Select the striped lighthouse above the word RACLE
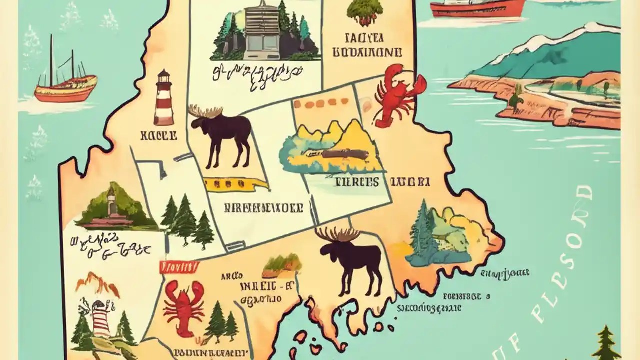pyautogui.click(x=163, y=100)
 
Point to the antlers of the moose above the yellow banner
pyautogui.click(x=205, y=111)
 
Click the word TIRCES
pyautogui.click(x=357, y=182)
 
